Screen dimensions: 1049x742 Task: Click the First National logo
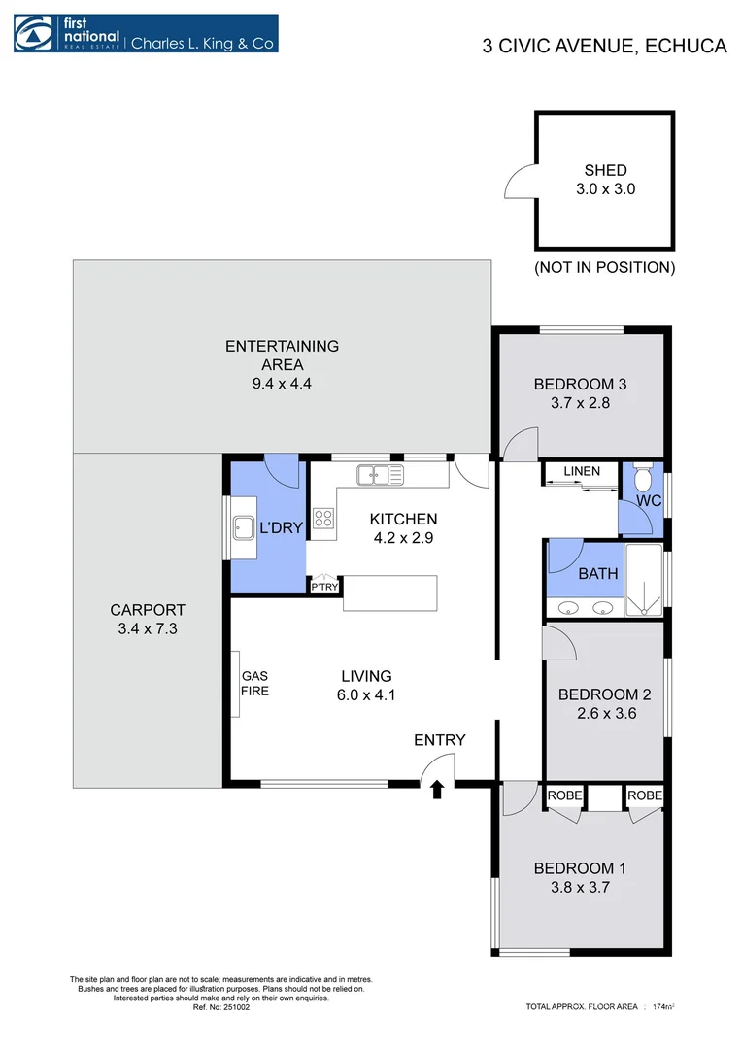coord(145,33)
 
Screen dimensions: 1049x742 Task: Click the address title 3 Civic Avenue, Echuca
coord(604,46)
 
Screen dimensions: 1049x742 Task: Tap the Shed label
coord(605,170)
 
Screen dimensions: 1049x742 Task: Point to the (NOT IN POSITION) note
coord(604,267)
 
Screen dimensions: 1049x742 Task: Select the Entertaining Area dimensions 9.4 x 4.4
coord(282,384)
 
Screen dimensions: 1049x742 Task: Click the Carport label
coord(147,610)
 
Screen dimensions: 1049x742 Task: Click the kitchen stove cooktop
coord(323,518)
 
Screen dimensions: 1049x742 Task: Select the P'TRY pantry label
coord(323,588)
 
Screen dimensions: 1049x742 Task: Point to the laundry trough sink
coord(242,527)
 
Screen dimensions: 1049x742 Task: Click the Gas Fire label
coord(254,683)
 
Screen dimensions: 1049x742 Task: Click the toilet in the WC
coord(642,479)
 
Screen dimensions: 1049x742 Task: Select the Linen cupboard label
coord(581,472)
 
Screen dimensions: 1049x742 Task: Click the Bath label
coord(597,573)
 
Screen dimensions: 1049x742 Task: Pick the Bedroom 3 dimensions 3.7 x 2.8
coord(580,403)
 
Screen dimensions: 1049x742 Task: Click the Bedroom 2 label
coord(603,694)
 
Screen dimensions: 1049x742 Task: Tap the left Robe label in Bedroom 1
coord(564,795)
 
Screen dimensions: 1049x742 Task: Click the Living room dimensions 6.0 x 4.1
coord(366,694)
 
